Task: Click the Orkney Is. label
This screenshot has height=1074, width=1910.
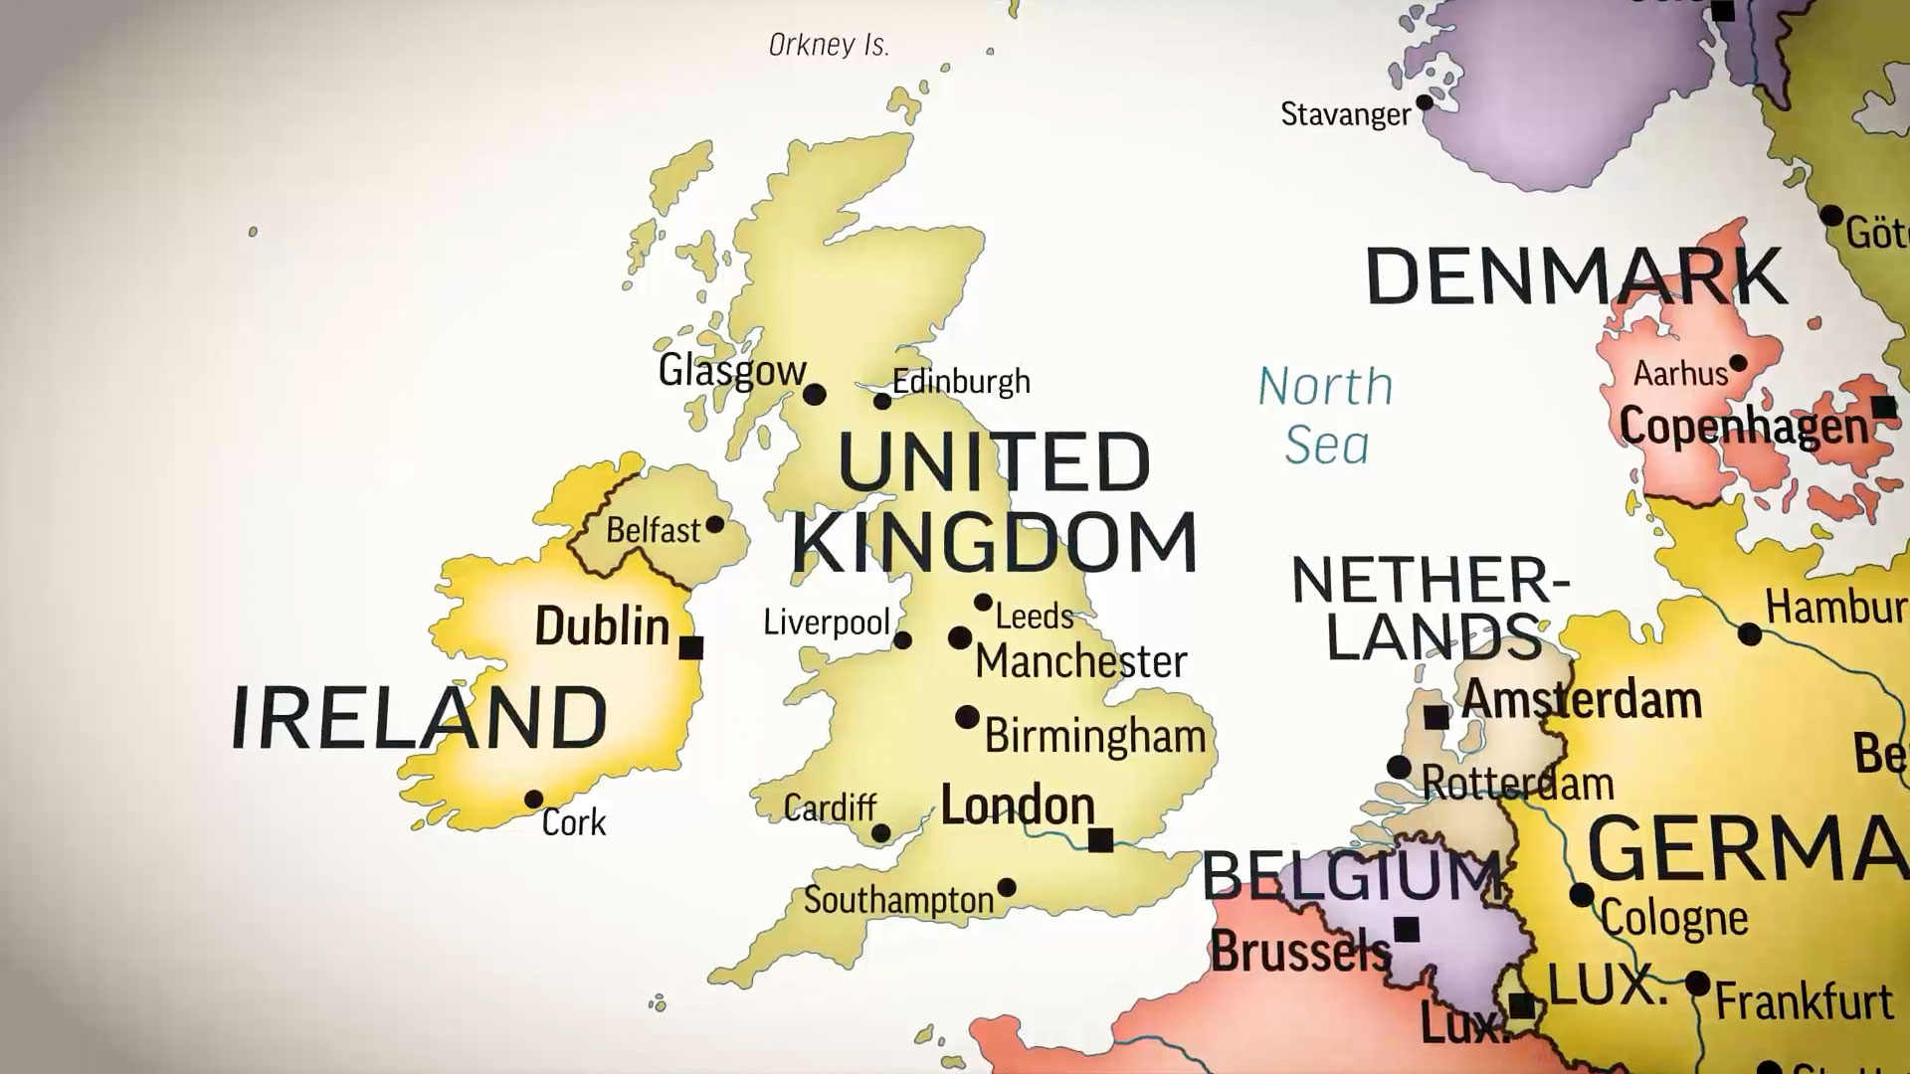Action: tap(829, 45)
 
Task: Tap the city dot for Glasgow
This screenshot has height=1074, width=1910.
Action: tap(815, 395)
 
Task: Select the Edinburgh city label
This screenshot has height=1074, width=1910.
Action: tap(961, 382)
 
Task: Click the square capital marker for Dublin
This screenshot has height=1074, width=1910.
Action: tap(690, 647)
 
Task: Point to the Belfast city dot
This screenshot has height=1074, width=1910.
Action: tap(714, 524)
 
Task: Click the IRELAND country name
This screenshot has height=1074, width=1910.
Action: tap(419, 717)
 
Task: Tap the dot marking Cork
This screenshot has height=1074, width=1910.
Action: tap(533, 799)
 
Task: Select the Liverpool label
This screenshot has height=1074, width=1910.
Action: tap(826, 623)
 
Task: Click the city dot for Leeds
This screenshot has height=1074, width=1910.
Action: tap(983, 603)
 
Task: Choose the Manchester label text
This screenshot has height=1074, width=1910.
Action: tap(1081, 661)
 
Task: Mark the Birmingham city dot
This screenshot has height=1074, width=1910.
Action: tap(966, 717)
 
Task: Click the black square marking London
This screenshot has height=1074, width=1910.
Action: tap(1100, 840)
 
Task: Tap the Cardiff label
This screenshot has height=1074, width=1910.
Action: tap(830, 807)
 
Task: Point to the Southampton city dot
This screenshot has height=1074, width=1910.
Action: tap(1007, 887)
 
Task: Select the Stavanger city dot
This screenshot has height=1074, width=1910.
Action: tap(1425, 101)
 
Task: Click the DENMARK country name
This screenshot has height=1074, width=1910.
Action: tap(1576, 276)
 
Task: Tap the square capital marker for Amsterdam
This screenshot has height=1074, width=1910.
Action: tap(1435, 717)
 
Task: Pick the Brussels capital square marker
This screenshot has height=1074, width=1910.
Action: tap(1406, 930)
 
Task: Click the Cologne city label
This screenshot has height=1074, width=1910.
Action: tap(1673, 919)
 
